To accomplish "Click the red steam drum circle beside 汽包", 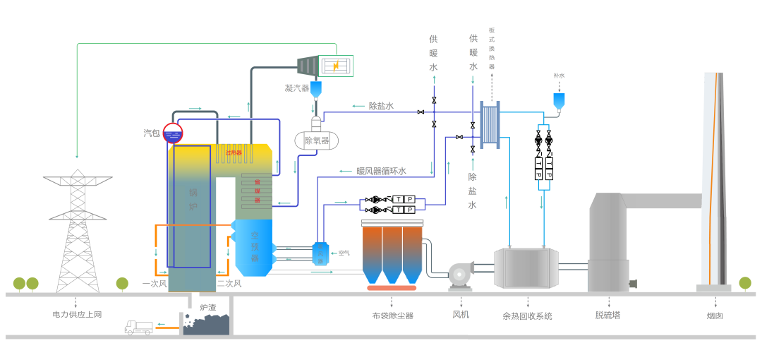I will (173, 133).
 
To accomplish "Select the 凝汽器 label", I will (297, 88).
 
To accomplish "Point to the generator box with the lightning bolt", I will (337, 66).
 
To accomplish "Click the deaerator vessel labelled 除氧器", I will (316, 140).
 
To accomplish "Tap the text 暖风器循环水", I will (381, 171).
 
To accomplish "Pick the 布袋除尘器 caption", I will (393, 316).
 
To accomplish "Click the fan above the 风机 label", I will (461, 275).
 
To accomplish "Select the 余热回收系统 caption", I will (527, 316).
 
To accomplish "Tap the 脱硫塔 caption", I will (607, 315).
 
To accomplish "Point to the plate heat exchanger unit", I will (490, 124).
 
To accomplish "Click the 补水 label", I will (559, 76).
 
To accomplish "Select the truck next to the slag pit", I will (138, 328).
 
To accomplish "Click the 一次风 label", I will (154, 283).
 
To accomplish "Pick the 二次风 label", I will (229, 283).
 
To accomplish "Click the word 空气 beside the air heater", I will (344, 253).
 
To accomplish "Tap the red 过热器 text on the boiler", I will (234, 152).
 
